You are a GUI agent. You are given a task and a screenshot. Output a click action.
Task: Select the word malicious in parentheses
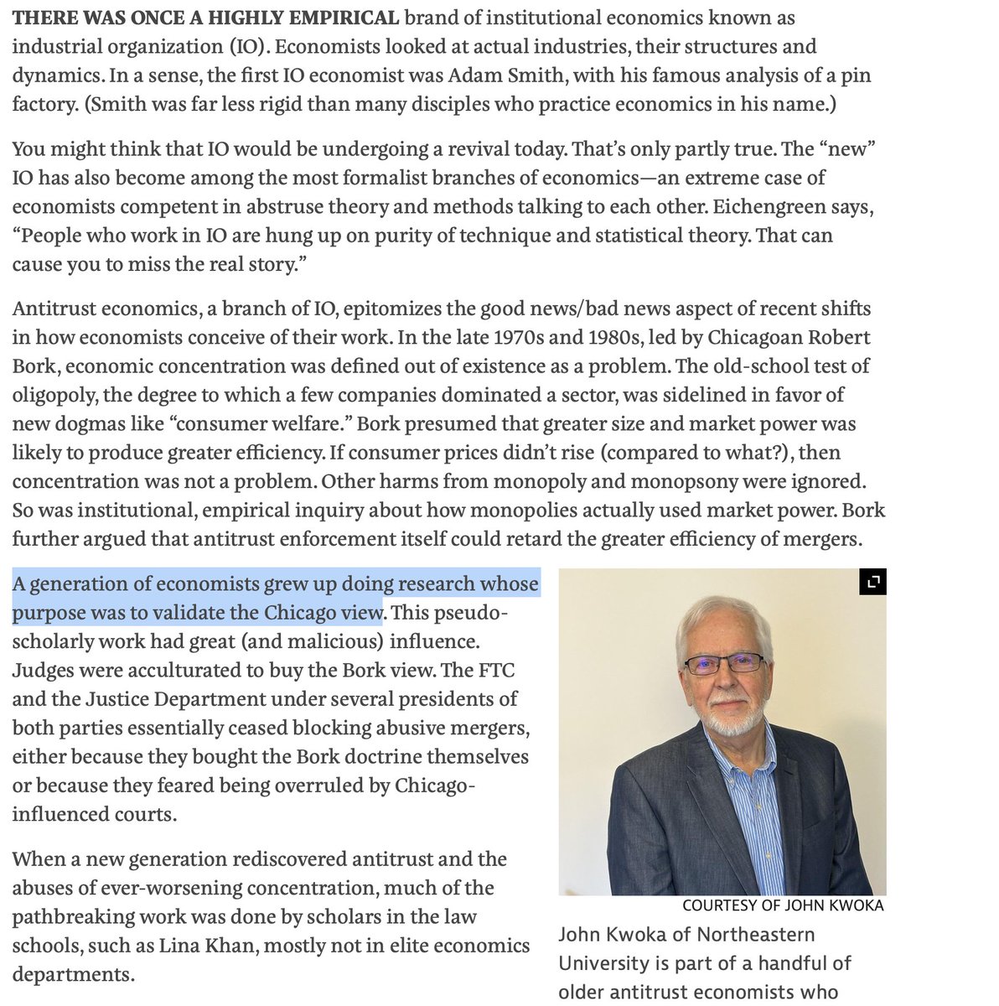309,641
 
